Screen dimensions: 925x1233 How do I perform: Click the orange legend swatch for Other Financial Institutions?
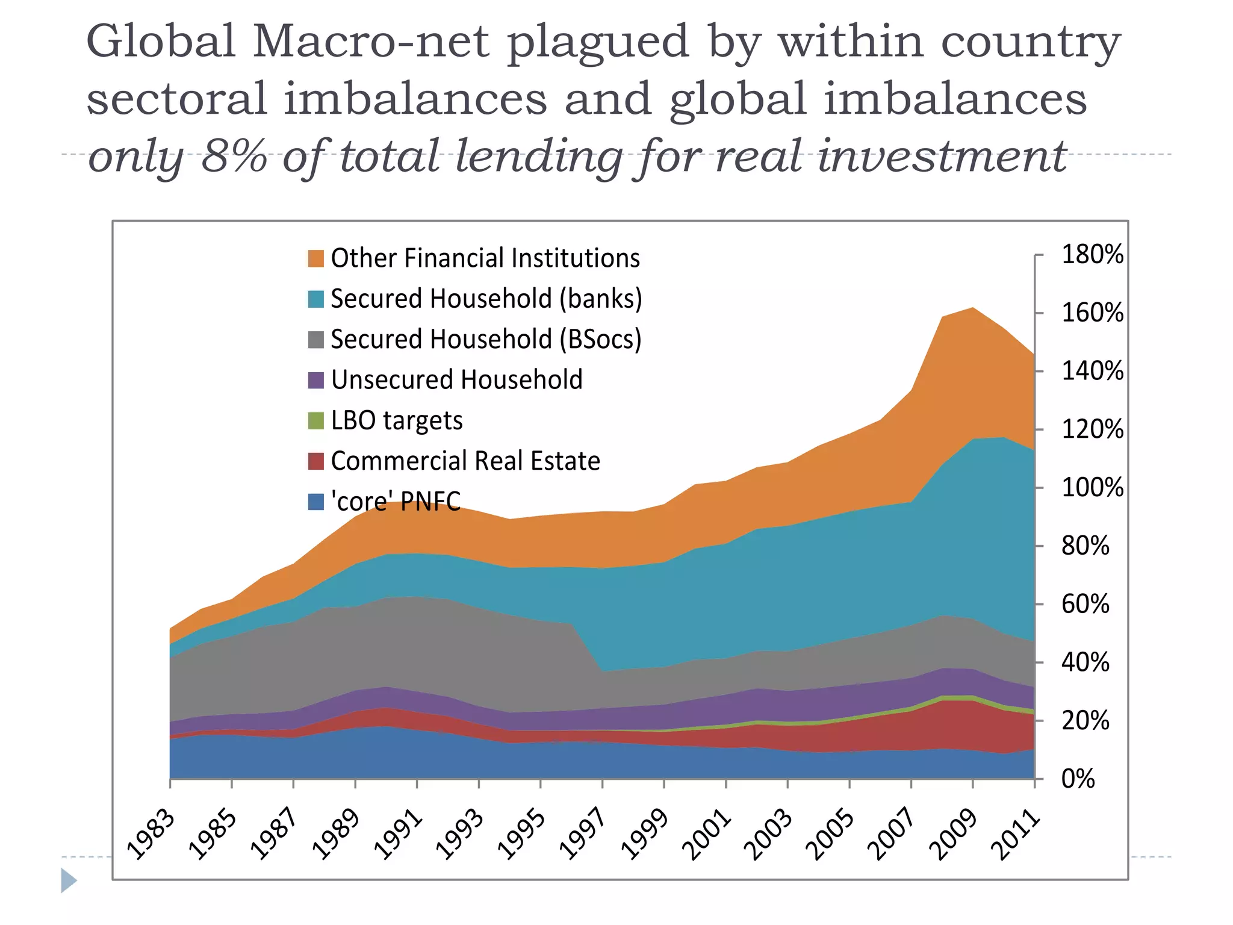[316, 258]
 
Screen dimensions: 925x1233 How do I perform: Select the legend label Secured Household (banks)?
[486, 299]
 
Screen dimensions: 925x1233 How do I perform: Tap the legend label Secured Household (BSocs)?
[486, 339]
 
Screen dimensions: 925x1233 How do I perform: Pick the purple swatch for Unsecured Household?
[316, 380]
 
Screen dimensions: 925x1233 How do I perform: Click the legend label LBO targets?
[397, 420]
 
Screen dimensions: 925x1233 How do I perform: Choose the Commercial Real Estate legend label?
[465, 461]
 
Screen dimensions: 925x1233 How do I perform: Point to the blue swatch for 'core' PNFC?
[316, 502]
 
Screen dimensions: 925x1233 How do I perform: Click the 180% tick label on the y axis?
[1092, 255]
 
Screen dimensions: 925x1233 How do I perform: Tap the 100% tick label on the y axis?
[1092, 487]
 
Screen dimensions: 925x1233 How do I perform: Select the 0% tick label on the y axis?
[1078, 779]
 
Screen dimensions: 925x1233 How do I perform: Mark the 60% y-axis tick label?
[1085, 604]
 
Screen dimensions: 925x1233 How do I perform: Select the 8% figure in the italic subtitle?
[234, 156]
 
